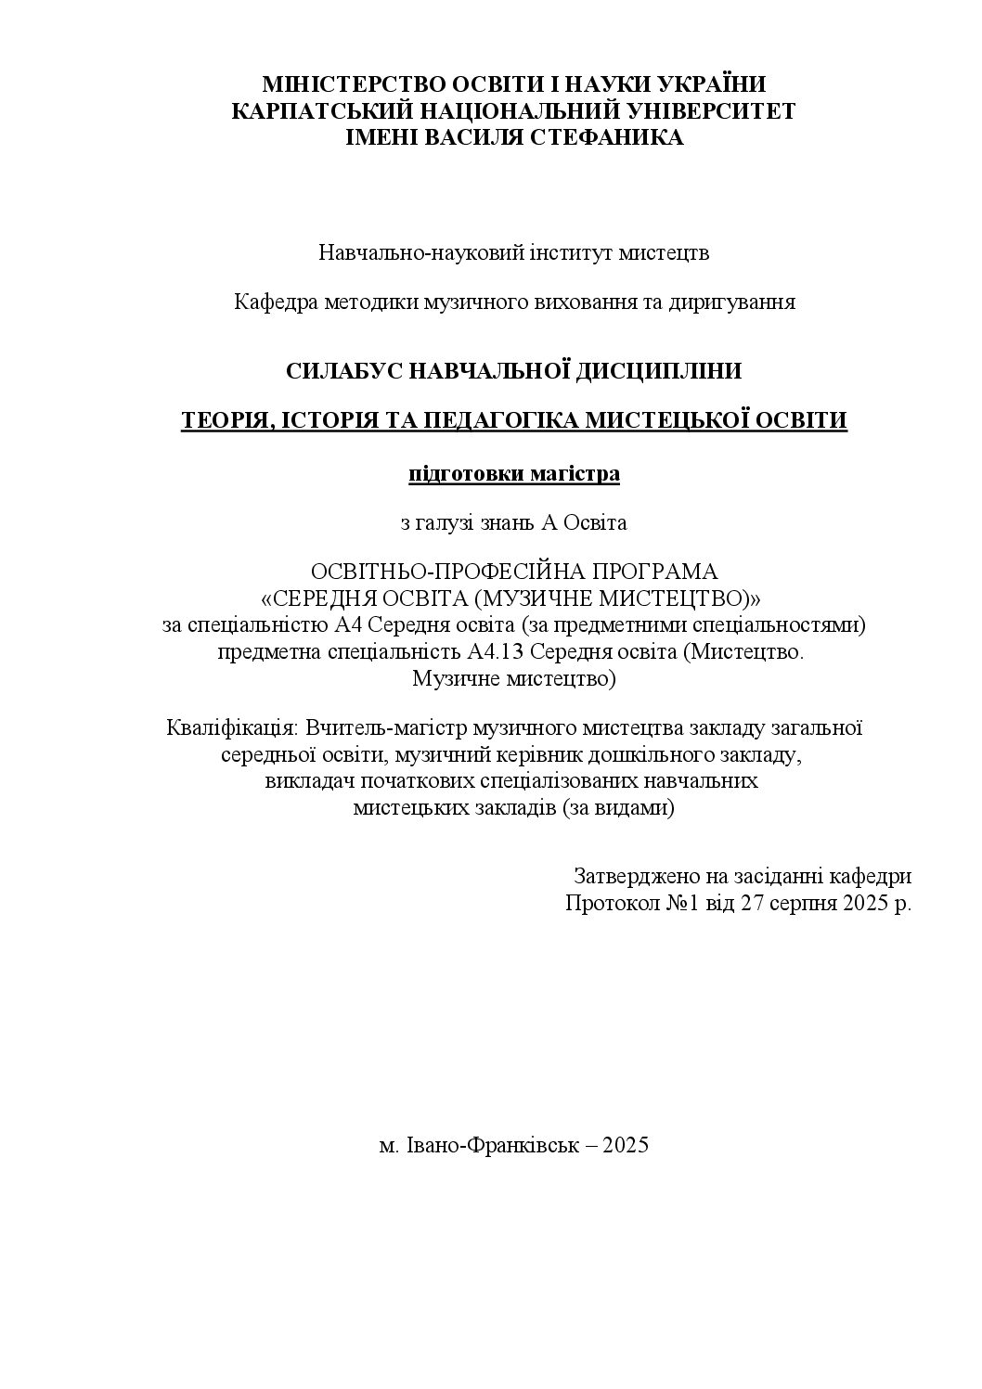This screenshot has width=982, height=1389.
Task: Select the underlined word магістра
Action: click(575, 474)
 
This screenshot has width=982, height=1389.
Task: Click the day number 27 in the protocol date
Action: click(752, 903)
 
